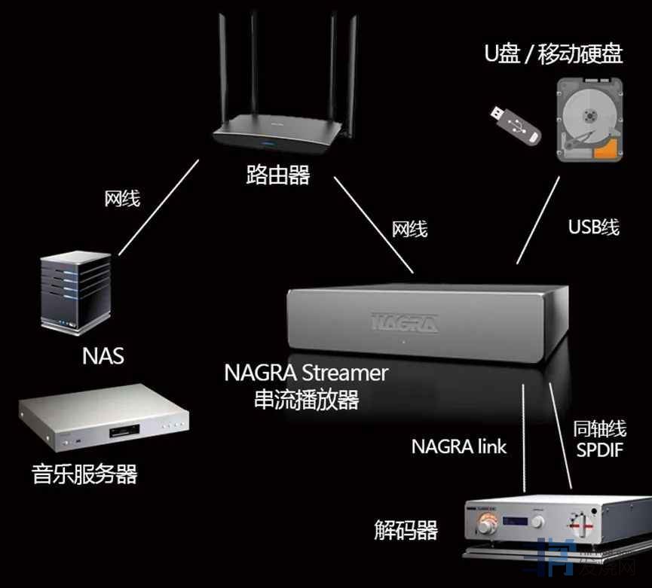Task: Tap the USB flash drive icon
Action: [517, 123]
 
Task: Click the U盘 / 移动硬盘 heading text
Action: [553, 54]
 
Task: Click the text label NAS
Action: [103, 355]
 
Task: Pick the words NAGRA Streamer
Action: [306, 373]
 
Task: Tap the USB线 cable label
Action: [594, 227]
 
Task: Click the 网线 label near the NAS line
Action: [122, 199]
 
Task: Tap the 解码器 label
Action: [406, 530]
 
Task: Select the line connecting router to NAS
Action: [159, 206]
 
